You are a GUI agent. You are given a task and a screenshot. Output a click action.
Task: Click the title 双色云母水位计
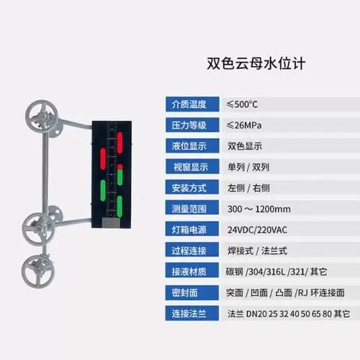[256, 64]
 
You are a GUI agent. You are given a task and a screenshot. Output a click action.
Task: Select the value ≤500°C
[242, 104]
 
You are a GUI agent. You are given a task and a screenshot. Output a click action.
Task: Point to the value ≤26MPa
[244, 125]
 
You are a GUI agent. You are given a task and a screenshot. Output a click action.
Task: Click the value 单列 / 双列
[248, 167]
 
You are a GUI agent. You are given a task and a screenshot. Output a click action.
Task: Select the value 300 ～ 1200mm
[259, 209]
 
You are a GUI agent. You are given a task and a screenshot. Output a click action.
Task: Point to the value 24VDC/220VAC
[257, 230]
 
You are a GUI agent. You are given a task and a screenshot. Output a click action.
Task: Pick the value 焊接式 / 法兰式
[257, 251]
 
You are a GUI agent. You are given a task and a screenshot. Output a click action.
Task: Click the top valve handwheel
[42, 116]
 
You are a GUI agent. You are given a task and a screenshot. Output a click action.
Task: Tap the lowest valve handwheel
[38, 271]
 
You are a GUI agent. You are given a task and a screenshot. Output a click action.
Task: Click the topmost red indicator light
[120, 143]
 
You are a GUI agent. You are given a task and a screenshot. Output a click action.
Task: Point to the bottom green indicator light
[120, 207]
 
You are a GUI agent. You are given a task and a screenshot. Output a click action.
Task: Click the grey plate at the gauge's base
[111, 223]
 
